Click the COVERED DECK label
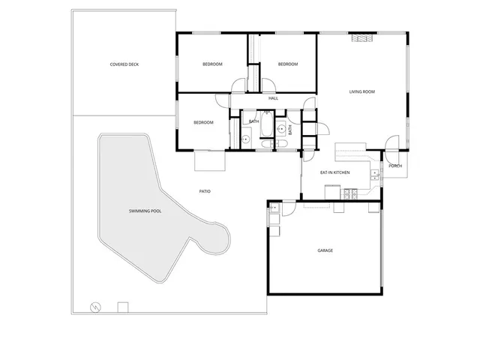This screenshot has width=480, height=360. tap(124, 64)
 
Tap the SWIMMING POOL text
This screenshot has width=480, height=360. tap(145, 211)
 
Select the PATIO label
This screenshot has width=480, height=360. tap(205, 191)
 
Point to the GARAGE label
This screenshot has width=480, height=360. tap(325, 250)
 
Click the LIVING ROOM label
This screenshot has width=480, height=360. tap(361, 92)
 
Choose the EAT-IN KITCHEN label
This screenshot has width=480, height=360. tap(335, 172)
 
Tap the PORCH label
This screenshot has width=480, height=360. tap(395, 166)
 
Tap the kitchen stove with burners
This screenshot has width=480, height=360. tap(349, 194)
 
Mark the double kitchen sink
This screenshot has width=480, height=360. tap(375, 175)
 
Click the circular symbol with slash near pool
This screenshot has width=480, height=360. tap(95, 307)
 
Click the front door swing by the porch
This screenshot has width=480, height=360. tap(391, 142)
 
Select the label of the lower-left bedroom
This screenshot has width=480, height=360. tap(203, 122)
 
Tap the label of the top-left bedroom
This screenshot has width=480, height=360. tap(212, 64)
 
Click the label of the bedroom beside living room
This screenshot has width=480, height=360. tap(288, 64)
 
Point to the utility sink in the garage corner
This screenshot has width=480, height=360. tap(274, 208)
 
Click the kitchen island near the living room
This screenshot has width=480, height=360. tap(349, 151)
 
